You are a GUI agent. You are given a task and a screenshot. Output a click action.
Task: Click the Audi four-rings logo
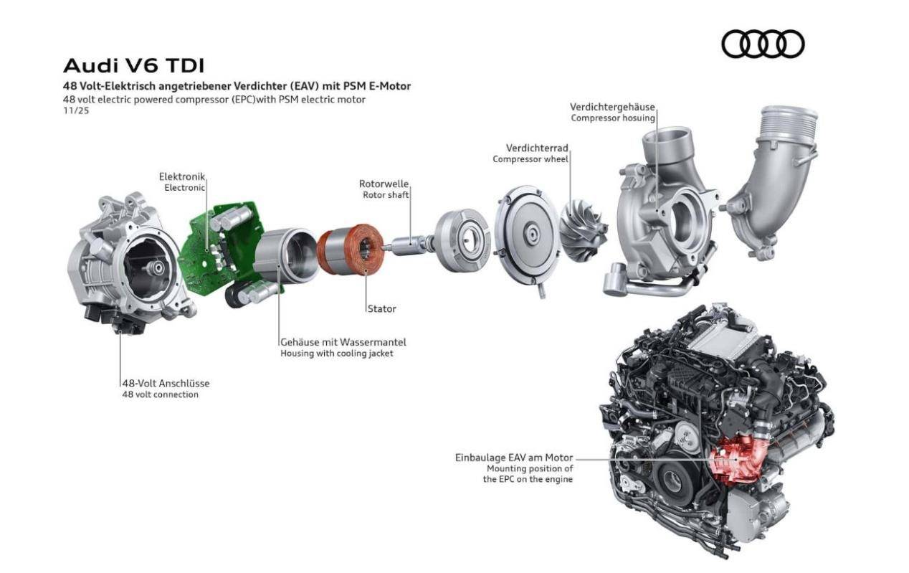[763, 44]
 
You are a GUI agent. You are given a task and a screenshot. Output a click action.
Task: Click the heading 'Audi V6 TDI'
[134, 66]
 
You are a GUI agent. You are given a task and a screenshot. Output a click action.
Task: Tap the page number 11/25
[76, 110]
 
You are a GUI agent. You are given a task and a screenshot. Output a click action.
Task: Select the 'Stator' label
[382, 308]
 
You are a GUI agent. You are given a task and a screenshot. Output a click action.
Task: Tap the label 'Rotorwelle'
[384, 184]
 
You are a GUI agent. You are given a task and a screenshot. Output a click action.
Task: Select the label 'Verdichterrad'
[537, 148]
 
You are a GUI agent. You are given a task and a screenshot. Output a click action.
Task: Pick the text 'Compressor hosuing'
[613, 118]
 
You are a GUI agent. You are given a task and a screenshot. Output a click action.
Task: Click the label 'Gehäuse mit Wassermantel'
[343, 342]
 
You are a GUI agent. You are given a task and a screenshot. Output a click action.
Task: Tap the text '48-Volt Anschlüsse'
[166, 384]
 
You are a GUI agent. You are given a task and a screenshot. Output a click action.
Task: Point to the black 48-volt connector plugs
[113, 320]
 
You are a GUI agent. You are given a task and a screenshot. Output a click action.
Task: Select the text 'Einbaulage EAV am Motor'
[514, 458]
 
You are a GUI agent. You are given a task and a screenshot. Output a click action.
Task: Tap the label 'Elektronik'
[182, 176]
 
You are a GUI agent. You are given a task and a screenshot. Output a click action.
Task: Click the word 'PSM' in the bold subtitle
[354, 86]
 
